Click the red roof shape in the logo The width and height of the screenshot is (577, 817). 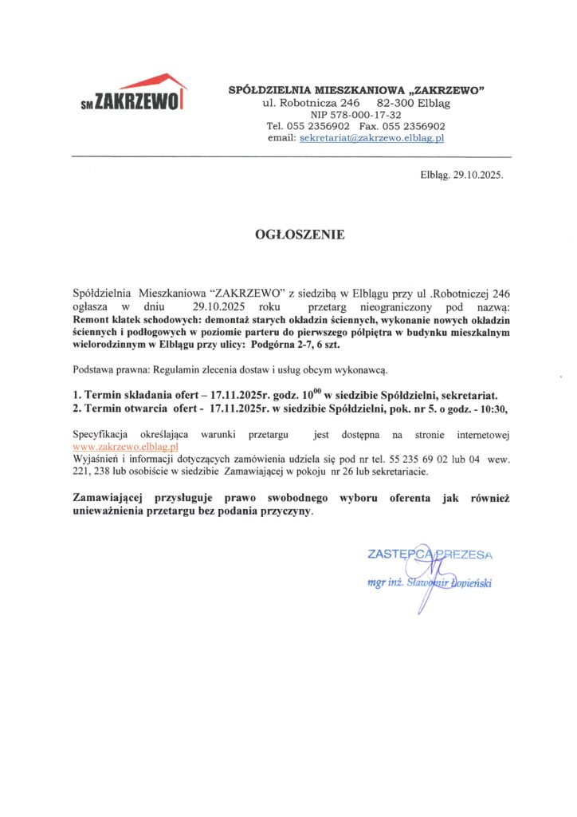point(155,82)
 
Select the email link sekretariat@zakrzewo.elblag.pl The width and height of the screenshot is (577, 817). point(371,138)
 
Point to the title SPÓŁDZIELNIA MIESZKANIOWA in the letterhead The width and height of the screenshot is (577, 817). point(303,91)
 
